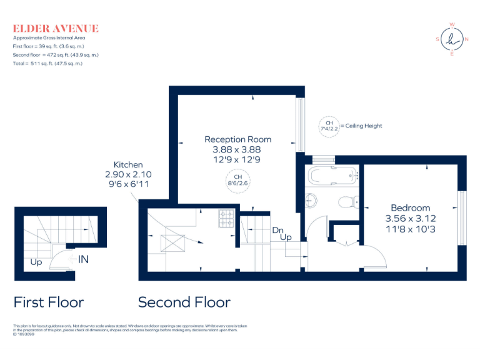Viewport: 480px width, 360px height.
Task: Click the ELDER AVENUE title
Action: (x=56, y=28)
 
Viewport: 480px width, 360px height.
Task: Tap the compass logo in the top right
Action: (x=451, y=39)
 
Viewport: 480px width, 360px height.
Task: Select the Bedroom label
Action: (x=410, y=207)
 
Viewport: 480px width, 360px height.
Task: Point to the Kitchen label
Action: (x=127, y=164)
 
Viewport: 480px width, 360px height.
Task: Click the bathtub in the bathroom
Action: (x=332, y=175)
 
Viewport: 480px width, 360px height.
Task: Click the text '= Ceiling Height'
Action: (x=361, y=126)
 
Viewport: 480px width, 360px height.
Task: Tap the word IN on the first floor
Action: (x=83, y=259)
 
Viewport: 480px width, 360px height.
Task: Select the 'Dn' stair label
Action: (x=277, y=229)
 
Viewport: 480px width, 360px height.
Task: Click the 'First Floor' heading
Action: (x=49, y=302)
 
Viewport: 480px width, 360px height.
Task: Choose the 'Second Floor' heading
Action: (x=184, y=302)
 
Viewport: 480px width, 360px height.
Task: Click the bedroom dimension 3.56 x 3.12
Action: (x=410, y=219)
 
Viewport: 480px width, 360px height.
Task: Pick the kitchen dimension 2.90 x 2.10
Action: (x=127, y=174)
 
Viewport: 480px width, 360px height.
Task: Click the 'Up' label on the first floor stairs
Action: (x=36, y=262)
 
